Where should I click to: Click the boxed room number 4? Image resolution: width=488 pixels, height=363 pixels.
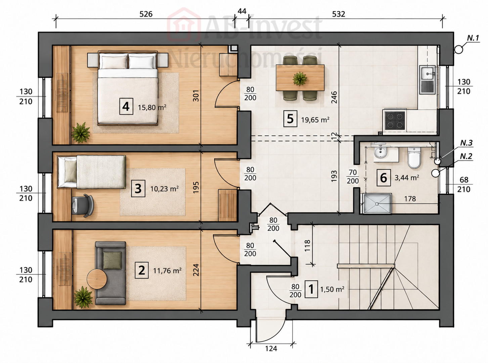tap(126, 106)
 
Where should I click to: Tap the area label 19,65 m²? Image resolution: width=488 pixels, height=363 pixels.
tap(315, 120)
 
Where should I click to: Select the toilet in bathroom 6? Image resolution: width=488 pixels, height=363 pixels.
tap(414, 157)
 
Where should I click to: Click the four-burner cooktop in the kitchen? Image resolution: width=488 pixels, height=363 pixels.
tap(395, 120)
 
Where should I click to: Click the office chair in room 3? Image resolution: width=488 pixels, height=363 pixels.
tap(83, 205)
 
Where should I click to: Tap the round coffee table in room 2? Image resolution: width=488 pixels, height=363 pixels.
tap(97, 279)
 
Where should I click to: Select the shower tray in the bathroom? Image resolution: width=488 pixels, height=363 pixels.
tap(377, 203)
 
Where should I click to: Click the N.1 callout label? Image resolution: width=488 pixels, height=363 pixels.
tap(473, 38)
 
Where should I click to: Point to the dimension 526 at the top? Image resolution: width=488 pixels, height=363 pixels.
tap(146, 14)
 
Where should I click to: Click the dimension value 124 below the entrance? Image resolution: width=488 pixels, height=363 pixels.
tap(271, 349)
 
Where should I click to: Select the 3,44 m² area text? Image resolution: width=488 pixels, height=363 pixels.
tap(407, 178)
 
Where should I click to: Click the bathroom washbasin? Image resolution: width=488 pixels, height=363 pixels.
tap(380, 152)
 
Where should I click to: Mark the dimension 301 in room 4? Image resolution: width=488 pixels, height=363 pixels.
tap(196, 95)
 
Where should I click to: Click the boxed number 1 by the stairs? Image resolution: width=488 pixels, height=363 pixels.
tap(311, 289)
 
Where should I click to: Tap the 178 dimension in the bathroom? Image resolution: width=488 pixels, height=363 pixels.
tap(410, 199)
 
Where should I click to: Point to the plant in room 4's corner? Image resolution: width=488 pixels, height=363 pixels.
tap(81, 133)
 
